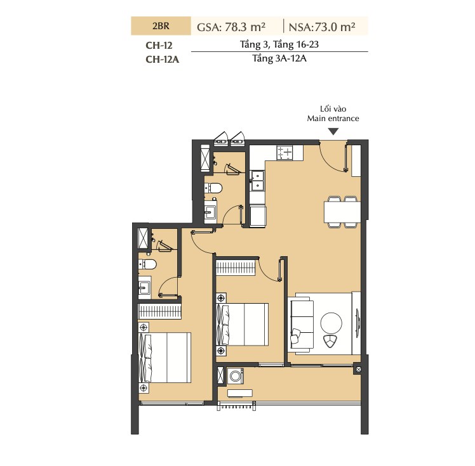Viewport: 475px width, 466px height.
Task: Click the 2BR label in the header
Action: pyautogui.click(x=161, y=26)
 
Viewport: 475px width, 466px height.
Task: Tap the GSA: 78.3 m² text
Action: pyautogui.click(x=231, y=27)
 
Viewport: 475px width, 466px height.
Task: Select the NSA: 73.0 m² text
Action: pyautogui.click(x=322, y=27)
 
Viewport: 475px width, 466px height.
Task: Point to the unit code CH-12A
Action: pyautogui.click(x=163, y=59)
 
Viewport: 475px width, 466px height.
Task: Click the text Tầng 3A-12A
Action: pyautogui.click(x=279, y=58)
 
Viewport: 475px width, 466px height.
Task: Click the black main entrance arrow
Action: pyautogui.click(x=333, y=131)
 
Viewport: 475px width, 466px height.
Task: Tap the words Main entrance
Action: pyautogui.click(x=333, y=119)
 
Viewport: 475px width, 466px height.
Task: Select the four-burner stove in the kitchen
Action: pyautogui.click(x=285, y=153)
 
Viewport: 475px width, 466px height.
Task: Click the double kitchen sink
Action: pyautogui.click(x=257, y=181)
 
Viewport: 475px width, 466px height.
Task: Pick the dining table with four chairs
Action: pyautogui.click(x=342, y=212)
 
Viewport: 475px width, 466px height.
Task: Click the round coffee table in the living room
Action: pyautogui.click(x=331, y=323)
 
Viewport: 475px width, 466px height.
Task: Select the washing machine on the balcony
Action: pyautogui.click(x=235, y=376)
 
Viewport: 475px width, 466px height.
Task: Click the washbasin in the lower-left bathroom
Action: pyautogui.click(x=145, y=287)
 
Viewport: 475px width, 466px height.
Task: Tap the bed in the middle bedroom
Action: pyautogui.click(x=243, y=324)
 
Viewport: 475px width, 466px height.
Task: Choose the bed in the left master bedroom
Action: pyautogui.click(x=165, y=358)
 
